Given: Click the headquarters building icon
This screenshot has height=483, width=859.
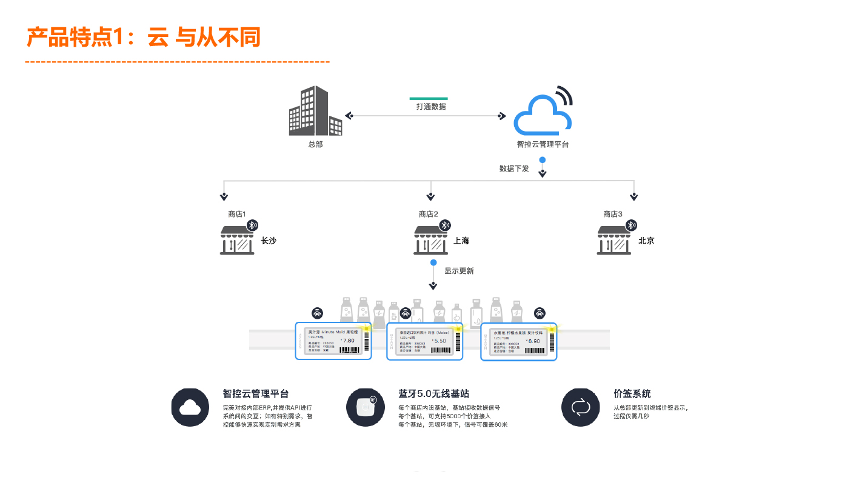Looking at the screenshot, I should (315, 112).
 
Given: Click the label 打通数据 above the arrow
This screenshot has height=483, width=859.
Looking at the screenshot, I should (431, 107).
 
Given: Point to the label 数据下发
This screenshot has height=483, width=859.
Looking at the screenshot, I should (514, 168).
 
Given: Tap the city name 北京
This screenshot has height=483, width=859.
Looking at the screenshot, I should (646, 241).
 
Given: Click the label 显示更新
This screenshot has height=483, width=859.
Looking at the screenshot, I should (459, 271).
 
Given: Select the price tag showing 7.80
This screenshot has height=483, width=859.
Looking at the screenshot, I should (333, 341).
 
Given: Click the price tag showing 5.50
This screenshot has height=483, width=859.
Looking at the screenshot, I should (424, 341).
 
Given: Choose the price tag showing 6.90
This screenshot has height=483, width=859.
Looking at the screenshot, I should (518, 341).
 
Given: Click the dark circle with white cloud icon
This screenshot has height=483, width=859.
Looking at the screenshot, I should (190, 407).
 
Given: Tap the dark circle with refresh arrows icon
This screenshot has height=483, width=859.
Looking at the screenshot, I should (580, 407).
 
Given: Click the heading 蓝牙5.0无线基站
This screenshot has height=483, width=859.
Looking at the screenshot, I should (433, 394).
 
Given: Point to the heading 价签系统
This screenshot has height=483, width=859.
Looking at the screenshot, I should (632, 394).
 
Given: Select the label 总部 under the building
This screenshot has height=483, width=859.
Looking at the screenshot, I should (315, 144).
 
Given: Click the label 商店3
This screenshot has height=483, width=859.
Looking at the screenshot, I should (613, 214).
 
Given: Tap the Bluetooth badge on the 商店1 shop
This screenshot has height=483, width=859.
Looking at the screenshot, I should (252, 225).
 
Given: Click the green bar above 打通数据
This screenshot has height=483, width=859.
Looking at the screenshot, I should (429, 98).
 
